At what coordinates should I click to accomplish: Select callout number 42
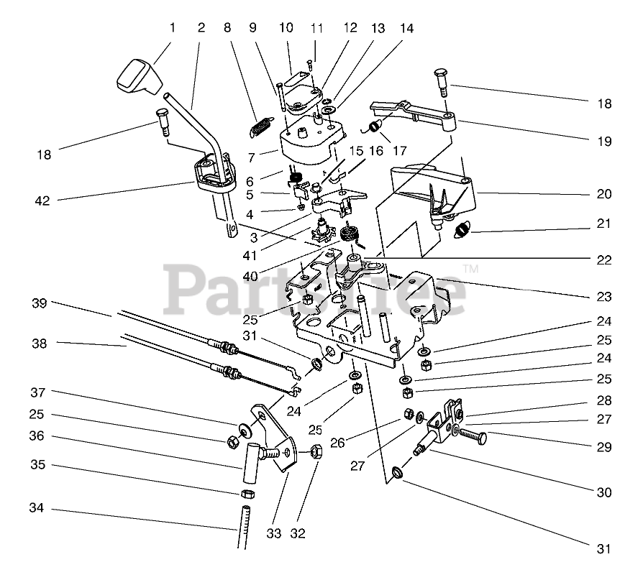coord(42,201)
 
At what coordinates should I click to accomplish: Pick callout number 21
coord(603,224)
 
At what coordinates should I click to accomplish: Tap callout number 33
coord(274,533)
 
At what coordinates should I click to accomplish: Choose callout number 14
coord(407,28)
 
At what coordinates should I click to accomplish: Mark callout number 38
coord(40,344)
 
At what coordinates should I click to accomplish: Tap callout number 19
coord(603,141)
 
